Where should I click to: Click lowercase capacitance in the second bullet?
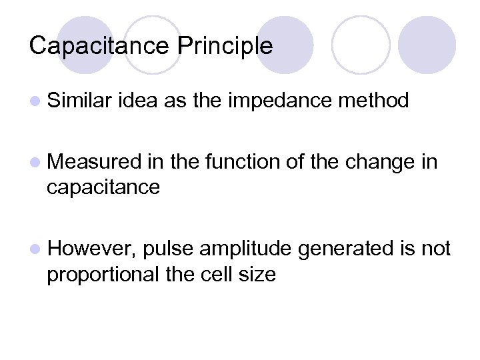[x=103, y=187]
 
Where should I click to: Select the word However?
[x=92, y=249]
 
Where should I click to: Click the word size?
[x=258, y=273]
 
